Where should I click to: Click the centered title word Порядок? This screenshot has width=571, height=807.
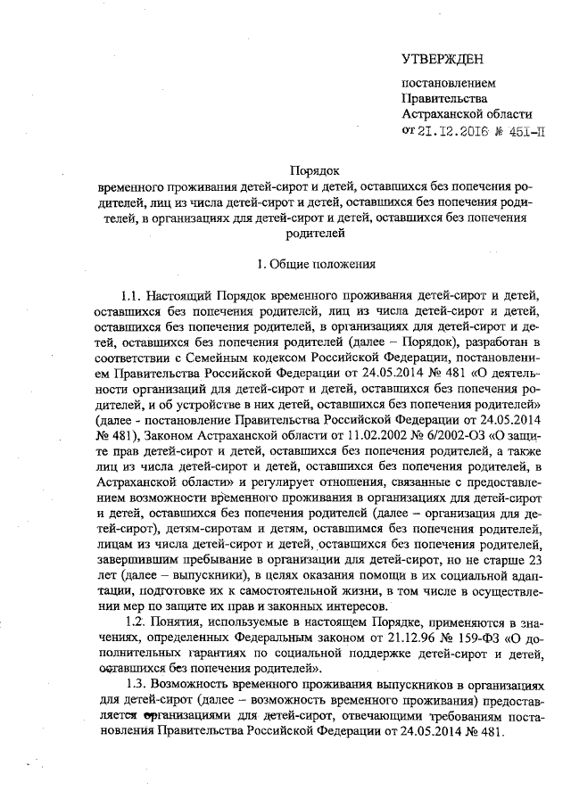tap(315, 169)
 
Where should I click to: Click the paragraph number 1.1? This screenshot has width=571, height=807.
tap(132, 295)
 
